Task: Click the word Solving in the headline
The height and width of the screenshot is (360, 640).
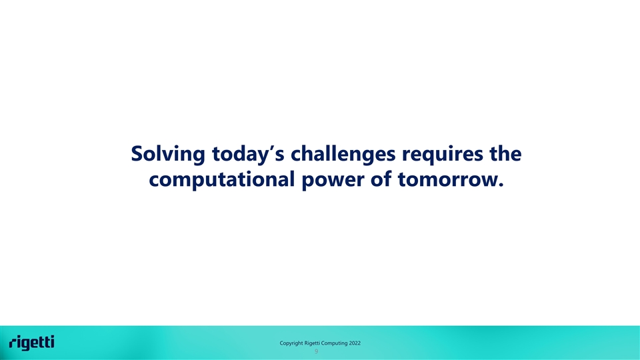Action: coord(168,155)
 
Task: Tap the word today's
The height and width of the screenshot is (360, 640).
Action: coord(248,155)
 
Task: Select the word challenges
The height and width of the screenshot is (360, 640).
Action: coord(343,155)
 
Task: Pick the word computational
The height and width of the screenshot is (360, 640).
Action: coord(221,180)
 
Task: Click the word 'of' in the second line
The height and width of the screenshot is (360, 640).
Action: coord(381,179)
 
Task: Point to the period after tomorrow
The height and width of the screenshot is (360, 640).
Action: coord(501,185)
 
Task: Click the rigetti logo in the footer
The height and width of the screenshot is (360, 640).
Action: coord(32,343)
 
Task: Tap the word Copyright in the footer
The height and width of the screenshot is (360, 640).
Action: coord(291,343)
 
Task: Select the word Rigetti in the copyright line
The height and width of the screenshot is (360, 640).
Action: coord(312,343)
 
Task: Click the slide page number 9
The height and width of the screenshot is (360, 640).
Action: coord(316,351)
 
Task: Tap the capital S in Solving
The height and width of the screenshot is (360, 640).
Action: coord(138,153)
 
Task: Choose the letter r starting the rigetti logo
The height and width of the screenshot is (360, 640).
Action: coord(13,343)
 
